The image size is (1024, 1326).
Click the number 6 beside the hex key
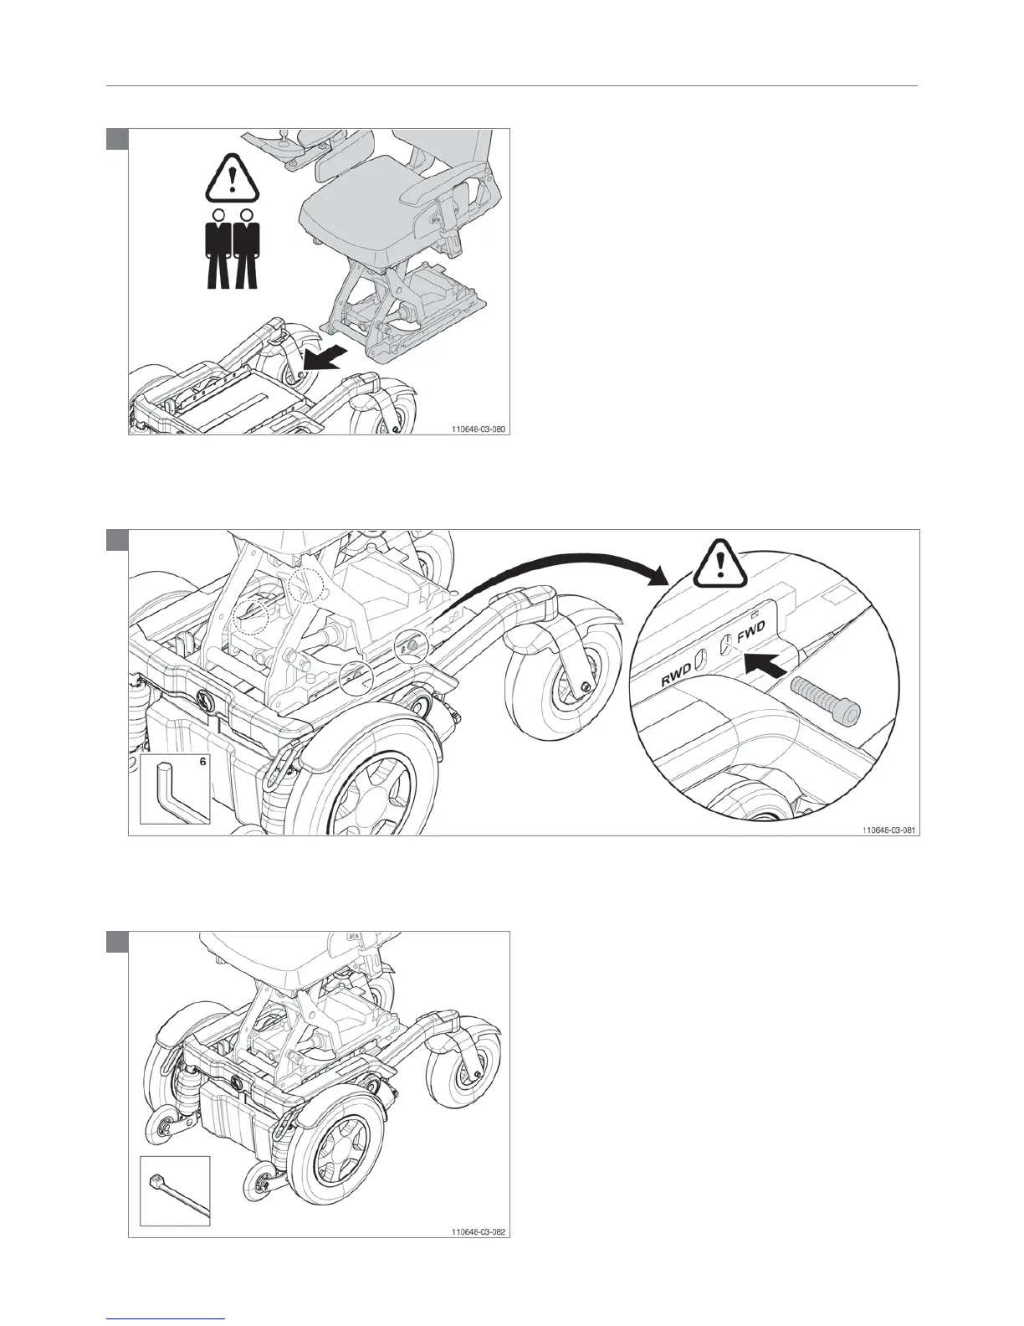click(x=202, y=762)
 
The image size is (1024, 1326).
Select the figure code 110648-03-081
click(x=888, y=830)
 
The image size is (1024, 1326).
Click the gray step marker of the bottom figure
click(x=117, y=941)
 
